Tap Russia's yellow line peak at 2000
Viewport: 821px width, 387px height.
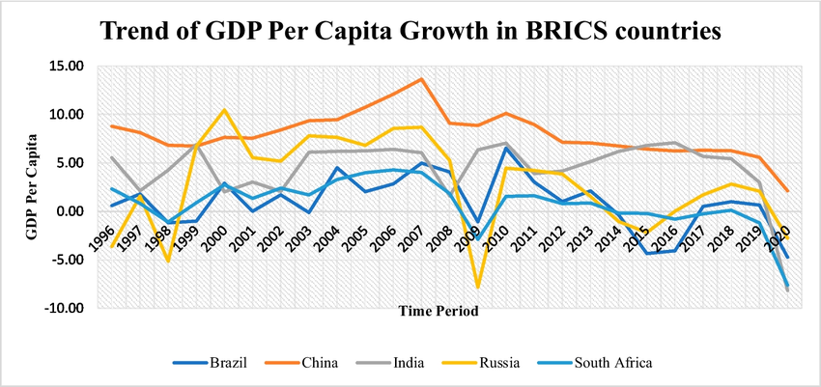tap(225, 109)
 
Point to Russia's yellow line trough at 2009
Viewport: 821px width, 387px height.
tap(477, 287)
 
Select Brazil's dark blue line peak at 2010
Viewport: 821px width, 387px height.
tap(505, 148)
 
